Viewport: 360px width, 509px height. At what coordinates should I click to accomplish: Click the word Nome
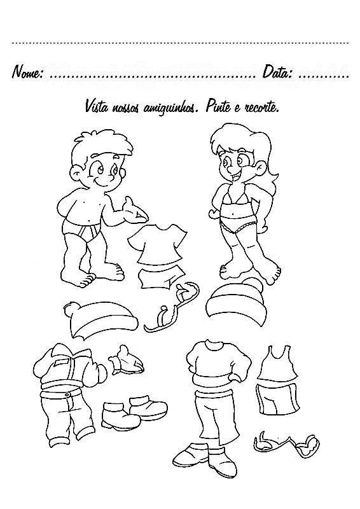(27, 72)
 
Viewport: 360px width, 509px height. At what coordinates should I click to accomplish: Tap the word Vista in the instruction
(96, 107)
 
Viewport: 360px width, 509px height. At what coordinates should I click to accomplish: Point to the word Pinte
(217, 107)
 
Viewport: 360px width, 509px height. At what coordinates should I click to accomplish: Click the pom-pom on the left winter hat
(71, 309)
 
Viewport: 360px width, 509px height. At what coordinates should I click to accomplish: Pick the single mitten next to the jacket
(126, 360)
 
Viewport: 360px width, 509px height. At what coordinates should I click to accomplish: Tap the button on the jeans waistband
(67, 394)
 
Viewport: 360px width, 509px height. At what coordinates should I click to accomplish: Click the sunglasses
(286, 443)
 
